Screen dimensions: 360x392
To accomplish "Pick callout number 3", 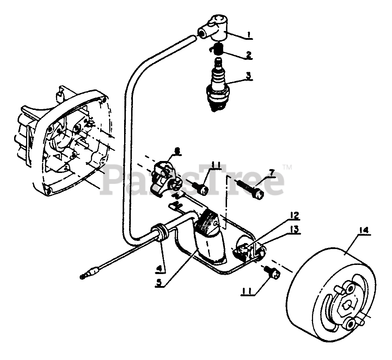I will point(249,75).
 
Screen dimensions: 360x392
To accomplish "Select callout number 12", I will point(294,215).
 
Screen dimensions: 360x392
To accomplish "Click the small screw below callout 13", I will point(272,272).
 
